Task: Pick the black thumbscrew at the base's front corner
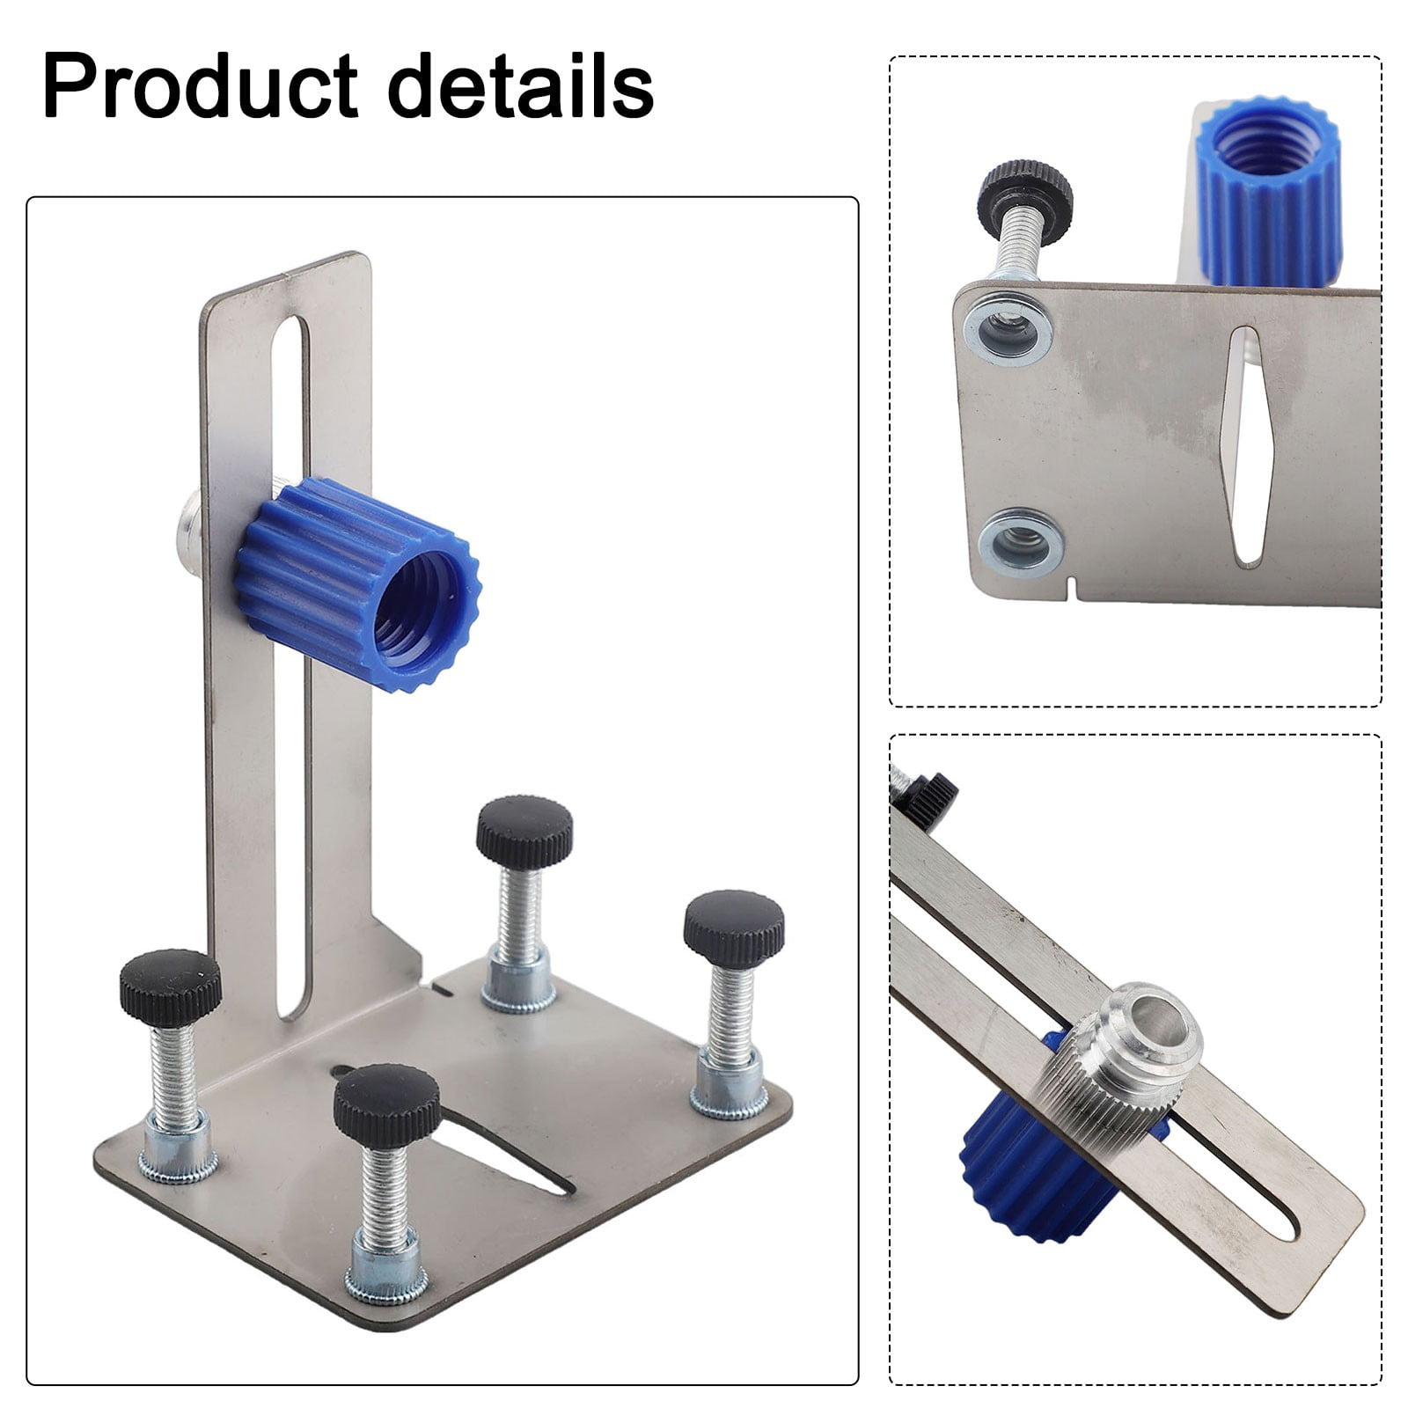(x=386, y=1105)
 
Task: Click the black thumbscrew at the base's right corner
(x=734, y=927)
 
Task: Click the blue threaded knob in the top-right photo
(x=1268, y=194)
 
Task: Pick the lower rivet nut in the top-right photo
(x=1021, y=542)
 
